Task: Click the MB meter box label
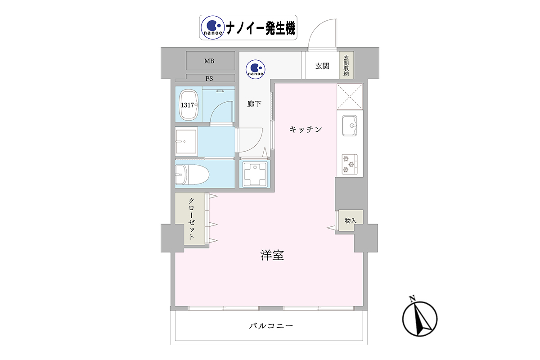(x=209, y=61)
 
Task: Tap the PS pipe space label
(x=209, y=79)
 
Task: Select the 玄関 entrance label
(x=322, y=66)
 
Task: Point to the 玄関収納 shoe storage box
(x=346, y=65)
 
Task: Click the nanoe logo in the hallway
(x=256, y=69)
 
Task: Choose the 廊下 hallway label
(x=254, y=104)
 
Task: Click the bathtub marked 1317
(x=189, y=105)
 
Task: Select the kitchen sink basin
(x=349, y=126)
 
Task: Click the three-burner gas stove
(x=350, y=164)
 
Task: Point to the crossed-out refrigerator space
(x=350, y=96)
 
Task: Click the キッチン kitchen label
(x=306, y=130)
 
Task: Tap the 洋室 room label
(x=272, y=255)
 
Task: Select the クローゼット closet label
(x=191, y=219)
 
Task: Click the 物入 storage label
(x=351, y=220)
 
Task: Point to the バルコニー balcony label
(x=271, y=326)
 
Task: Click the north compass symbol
(x=420, y=318)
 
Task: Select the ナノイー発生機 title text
(x=261, y=28)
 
